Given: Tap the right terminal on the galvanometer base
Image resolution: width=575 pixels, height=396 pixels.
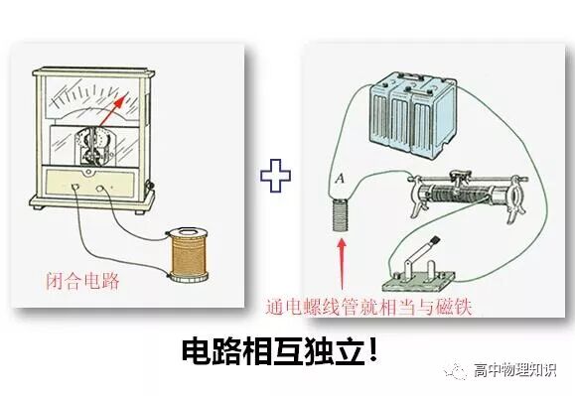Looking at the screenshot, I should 97,186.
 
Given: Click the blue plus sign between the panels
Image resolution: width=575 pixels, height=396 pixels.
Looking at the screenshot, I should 274,177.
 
